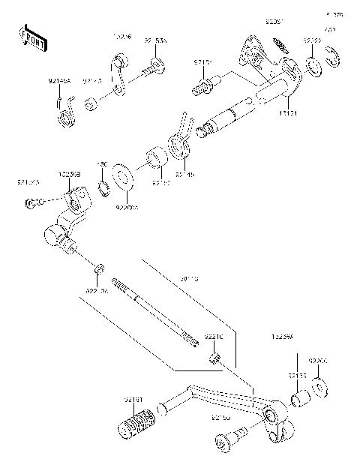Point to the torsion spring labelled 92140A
coord(65,115)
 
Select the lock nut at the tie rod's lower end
coord(215,357)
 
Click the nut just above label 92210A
coord(99,268)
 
